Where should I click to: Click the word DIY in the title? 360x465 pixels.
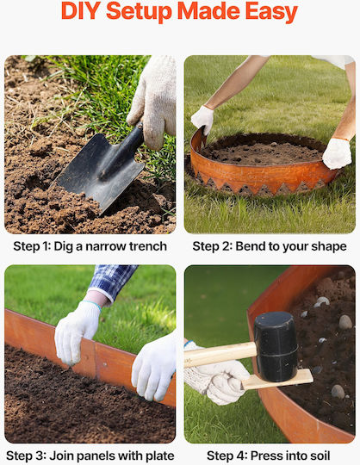tap(81, 11)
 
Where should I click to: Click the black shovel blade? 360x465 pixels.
tap(99, 171)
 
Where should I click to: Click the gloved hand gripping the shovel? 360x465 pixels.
tap(153, 100)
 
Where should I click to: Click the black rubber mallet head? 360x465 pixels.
tap(276, 346)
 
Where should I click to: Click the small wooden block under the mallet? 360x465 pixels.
tap(277, 380)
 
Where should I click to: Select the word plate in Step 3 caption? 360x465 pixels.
tap(159, 456)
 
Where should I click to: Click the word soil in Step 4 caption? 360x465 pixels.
tap(320, 456)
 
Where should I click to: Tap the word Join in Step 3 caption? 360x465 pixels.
tap(60, 456)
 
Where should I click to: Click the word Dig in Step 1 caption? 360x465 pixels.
tap(63, 247)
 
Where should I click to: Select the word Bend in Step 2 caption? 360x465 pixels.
tap(249, 247)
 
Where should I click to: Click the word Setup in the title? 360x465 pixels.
tap(139, 13)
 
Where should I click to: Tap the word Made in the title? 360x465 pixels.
tap(208, 11)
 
